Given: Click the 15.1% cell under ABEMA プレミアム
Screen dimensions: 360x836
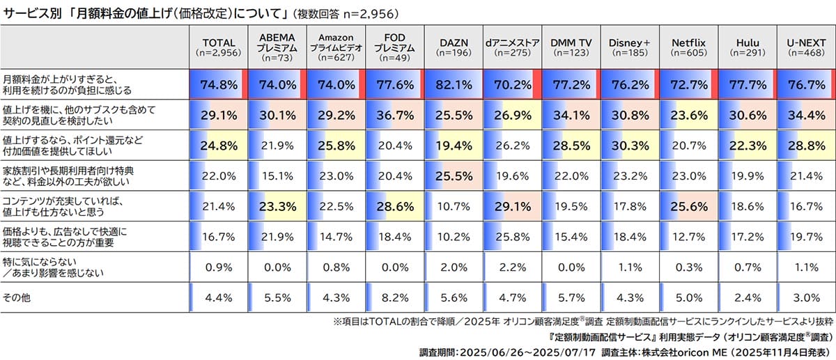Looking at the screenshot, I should [277, 176].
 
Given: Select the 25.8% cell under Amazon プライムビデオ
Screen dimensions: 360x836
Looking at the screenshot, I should [335, 146].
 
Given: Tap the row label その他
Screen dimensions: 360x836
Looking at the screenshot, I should [14, 299].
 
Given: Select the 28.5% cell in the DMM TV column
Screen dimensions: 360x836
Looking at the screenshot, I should [571, 146].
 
